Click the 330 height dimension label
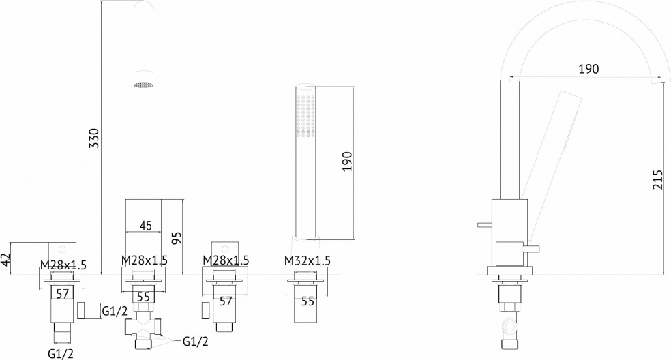pos(94,138)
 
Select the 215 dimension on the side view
pos(657,180)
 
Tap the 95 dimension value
pos(177,238)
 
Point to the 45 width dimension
pos(145,226)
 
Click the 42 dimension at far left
pos(5,259)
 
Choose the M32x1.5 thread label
pos(308,260)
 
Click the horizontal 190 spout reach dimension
pos(589,69)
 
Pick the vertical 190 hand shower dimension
pos(346,162)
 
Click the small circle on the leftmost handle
pos(63,248)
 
